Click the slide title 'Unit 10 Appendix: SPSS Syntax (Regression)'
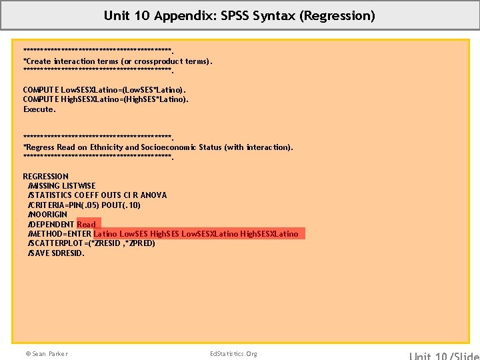[239, 15]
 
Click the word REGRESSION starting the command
[46, 176]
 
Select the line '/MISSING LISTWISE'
[61, 185]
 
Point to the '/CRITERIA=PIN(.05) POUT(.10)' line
[84, 205]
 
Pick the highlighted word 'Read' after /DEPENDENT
[87, 224]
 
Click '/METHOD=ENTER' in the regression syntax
[59, 234]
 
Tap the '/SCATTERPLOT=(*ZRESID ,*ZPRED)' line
[91, 243]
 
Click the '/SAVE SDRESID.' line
[56, 253]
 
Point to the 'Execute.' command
[39, 109]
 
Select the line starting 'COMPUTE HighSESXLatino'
[106, 99]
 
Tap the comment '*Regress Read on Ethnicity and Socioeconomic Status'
[157, 147]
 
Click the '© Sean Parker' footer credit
[46, 353]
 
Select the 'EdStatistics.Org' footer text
[233, 353]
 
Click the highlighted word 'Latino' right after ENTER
[105, 234]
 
